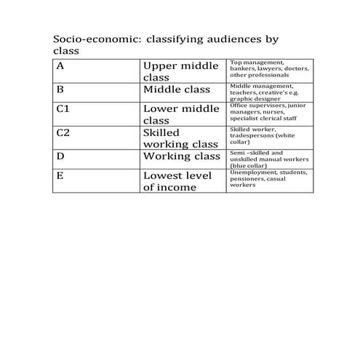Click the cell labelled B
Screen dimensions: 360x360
60,89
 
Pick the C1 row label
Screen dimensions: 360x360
63,108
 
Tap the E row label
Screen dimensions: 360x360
60,175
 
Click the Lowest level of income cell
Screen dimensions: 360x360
176,181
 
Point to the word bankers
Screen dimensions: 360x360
242,68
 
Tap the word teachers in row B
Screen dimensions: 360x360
243,93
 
